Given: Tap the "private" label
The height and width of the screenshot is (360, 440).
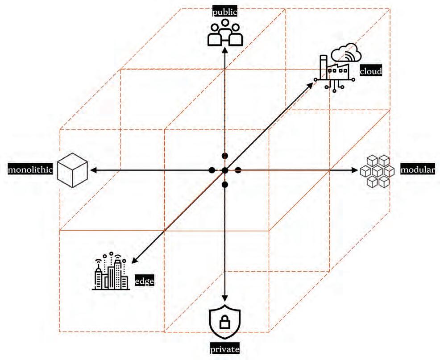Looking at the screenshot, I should (x=225, y=349).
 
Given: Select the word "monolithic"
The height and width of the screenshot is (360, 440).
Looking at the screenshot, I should (x=30, y=170).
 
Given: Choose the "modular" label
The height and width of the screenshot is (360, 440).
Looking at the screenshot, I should (x=417, y=170).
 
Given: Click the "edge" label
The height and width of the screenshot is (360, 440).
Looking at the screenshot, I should (x=145, y=281).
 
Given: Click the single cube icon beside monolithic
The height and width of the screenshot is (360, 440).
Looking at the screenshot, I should (x=72, y=170).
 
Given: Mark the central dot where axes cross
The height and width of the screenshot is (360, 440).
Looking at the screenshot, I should (x=225, y=170).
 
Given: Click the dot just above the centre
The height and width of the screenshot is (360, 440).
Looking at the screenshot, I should (x=225, y=156).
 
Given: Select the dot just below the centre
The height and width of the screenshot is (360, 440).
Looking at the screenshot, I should (x=225, y=184).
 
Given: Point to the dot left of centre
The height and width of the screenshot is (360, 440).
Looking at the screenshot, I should (x=212, y=170).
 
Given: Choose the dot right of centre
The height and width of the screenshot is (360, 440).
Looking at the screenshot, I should (x=238, y=170).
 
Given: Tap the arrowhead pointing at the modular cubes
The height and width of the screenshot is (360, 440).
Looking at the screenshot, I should (x=356, y=170).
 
